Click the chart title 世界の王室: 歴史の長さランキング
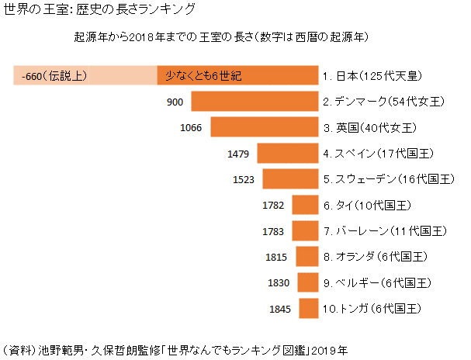[99, 11]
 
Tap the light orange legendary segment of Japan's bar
[85, 76]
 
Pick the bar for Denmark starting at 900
[255, 102]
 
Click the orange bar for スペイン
[288, 153]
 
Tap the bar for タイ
[306, 205]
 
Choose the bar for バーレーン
[306, 230]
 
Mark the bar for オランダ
[308, 257]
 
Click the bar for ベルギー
[309, 282]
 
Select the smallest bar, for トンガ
[310, 308]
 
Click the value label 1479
[238, 154]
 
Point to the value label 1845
[279, 309]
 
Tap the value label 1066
[191, 128]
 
